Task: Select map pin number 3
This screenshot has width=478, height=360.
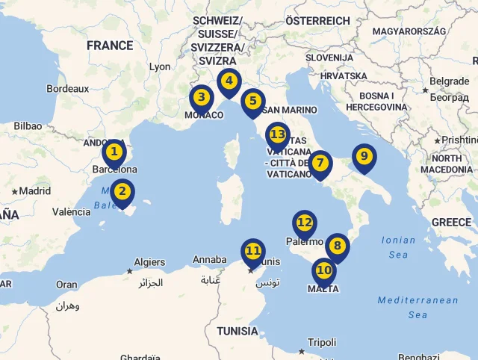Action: click(x=201, y=98)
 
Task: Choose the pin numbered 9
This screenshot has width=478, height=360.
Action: click(x=364, y=157)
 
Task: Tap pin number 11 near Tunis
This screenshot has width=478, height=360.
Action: click(x=252, y=252)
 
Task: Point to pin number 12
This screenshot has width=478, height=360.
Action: click(x=304, y=223)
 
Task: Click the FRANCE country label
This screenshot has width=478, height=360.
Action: click(x=109, y=46)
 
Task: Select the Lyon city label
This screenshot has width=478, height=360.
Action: click(x=160, y=66)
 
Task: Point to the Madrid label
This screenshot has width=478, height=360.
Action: click(x=34, y=190)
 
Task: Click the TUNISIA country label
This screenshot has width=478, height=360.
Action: click(x=238, y=330)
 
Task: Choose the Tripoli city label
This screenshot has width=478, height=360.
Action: click(x=322, y=342)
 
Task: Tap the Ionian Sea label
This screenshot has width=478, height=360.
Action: click(x=399, y=247)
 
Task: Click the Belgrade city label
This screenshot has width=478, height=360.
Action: click(x=450, y=81)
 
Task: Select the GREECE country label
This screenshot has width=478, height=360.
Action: click(x=451, y=222)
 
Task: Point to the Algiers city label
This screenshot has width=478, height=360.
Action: click(x=149, y=262)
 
